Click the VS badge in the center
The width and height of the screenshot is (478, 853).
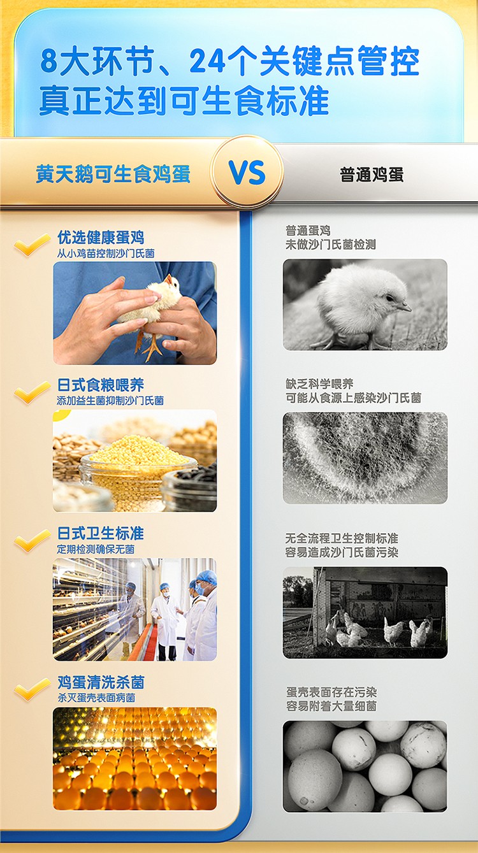(247, 172)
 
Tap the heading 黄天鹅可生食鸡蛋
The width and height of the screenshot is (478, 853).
(113, 174)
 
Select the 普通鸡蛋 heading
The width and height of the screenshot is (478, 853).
(372, 175)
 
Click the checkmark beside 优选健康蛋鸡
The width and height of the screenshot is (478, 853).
(32, 245)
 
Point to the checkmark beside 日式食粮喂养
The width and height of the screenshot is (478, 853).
(32, 392)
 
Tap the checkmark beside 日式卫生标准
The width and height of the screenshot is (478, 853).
(32, 540)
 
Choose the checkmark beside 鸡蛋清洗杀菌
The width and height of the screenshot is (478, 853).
(32, 689)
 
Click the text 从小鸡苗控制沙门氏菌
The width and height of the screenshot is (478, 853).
(106, 254)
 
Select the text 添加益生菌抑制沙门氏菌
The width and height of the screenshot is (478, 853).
(110, 401)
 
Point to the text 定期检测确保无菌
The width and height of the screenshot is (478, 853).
(96, 549)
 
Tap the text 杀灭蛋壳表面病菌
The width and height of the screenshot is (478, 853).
(96, 698)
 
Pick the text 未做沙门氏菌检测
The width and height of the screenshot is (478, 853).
(331, 245)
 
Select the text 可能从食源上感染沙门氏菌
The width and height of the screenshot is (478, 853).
(354, 398)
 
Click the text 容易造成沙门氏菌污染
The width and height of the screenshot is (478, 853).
(342, 552)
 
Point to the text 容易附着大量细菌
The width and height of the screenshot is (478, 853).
(331, 706)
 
